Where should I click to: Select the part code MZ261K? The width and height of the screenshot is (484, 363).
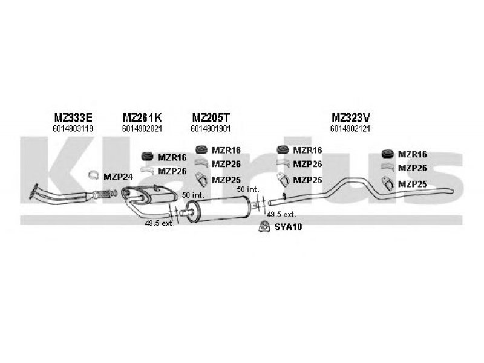[142, 117]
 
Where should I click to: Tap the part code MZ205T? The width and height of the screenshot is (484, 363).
[211, 117]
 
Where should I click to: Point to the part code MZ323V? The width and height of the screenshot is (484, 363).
[350, 117]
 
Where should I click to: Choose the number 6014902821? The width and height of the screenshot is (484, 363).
[142, 128]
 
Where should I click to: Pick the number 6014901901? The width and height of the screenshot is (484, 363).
[211, 128]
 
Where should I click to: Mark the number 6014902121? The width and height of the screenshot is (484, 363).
[350, 128]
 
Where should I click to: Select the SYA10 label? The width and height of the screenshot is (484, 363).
[289, 227]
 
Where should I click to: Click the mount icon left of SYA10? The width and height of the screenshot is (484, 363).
[264, 226]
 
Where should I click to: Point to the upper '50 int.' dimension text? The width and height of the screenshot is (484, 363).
[193, 195]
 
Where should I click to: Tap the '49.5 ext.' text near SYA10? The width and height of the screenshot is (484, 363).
[281, 214]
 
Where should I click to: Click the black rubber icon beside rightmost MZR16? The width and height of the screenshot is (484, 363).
[388, 155]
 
